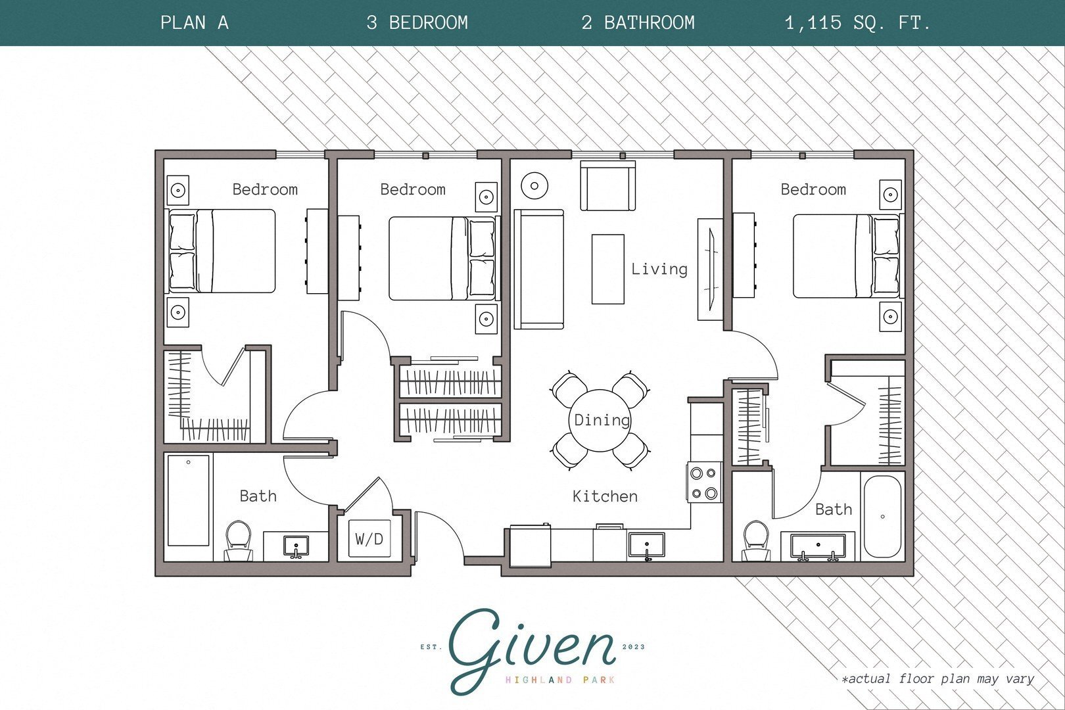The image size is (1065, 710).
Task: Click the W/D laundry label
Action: point(369,540)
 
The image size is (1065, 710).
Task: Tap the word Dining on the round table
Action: point(602,420)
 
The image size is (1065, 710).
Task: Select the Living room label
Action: point(659,269)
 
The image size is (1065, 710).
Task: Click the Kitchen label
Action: point(605,496)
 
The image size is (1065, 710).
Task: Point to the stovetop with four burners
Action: point(705,483)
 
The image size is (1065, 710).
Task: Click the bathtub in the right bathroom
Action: point(882,517)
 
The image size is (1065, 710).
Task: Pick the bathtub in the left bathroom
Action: point(188,500)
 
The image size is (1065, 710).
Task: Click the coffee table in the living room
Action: point(607,270)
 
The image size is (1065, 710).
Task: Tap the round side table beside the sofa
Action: point(534,186)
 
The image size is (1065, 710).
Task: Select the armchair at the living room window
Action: point(607,186)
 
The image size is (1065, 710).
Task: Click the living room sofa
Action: point(538,269)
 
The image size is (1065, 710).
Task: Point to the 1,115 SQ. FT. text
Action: point(857,23)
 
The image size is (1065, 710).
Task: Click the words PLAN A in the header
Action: point(194,23)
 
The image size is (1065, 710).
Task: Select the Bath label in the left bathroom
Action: point(258,496)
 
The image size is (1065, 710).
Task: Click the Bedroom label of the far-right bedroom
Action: point(813,190)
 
